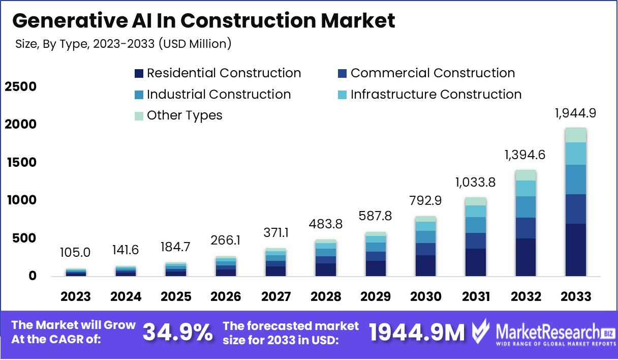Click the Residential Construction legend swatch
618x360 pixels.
pos(139,74)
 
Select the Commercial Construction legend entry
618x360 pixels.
pos(432,73)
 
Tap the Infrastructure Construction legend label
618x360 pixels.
pos(436,95)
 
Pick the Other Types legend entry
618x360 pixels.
pos(184,115)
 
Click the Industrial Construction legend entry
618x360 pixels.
pos(219,95)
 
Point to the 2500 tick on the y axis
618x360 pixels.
pos(21,87)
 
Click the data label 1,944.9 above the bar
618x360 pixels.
pos(575,114)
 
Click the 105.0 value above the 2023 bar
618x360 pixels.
pos(76,253)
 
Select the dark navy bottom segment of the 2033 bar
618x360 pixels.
pos(575,250)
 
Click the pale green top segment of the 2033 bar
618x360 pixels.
pos(575,135)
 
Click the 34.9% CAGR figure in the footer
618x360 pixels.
pos(177,333)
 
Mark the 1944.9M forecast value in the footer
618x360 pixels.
pos(417,333)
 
